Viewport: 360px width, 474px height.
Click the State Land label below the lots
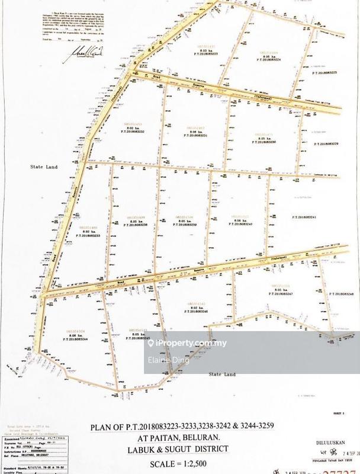pyautogui.click(x=223, y=374)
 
